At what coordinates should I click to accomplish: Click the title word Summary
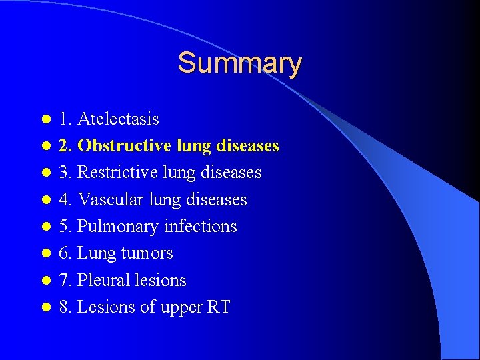tap(239, 63)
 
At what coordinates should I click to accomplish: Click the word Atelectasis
tap(118, 119)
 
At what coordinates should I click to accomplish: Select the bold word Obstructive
tap(125, 145)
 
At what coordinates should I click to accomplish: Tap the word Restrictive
tap(116, 172)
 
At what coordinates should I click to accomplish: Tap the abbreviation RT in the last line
tap(218, 307)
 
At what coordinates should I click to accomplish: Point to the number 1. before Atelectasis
tap(65, 119)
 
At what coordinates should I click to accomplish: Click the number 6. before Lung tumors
tap(65, 253)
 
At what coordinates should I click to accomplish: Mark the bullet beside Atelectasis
tap(45, 119)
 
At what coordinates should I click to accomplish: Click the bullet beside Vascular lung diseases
tap(45, 200)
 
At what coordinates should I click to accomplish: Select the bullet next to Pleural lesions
tap(45, 281)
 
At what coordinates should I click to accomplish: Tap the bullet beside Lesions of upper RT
tap(45, 308)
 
